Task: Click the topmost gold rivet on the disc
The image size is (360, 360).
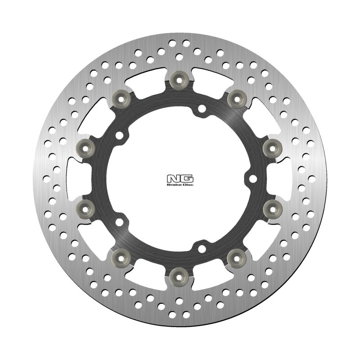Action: pos(179,79)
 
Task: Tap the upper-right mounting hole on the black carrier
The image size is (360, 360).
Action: pos(201,108)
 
